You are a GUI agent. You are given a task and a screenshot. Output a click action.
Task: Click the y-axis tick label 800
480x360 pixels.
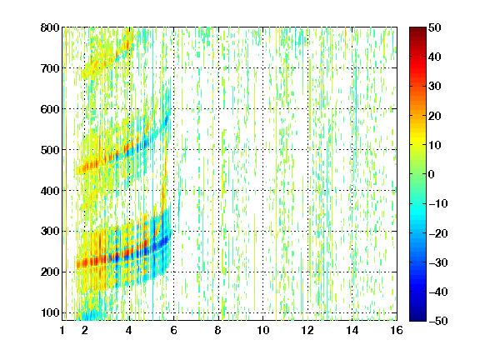pyautogui.click(x=50, y=27)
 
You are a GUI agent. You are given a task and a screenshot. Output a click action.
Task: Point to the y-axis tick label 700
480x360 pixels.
pyautogui.click(x=50, y=68)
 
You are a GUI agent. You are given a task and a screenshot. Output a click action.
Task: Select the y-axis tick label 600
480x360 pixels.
pyautogui.click(x=50, y=109)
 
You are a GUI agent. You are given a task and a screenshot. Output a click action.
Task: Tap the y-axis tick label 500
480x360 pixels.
pyautogui.click(x=50, y=150)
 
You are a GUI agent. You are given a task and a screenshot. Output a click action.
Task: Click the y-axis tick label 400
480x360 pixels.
pyautogui.click(x=50, y=191)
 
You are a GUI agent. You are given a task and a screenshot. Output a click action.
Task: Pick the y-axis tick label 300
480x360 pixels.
pyautogui.click(x=50, y=232)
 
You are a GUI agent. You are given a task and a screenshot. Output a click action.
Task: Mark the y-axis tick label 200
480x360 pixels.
pyautogui.click(x=50, y=272)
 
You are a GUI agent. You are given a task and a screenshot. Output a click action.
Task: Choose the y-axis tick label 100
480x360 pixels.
pyautogui.click(x=50, y=312)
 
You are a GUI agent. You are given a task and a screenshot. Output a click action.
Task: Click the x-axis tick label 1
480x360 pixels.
pyautogui.click(x=62, y=330)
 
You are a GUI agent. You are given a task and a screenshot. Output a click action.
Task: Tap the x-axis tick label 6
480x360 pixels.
pyautogui.click(x=173, y=330)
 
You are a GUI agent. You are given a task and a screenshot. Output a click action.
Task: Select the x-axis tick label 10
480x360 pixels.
pyautogui.click(x=263, y=330)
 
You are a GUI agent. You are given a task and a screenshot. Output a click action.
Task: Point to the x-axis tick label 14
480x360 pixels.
pyautogui.click(x=352, y=330)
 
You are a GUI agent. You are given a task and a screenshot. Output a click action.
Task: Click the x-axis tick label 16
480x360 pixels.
pyautogui.click(x=397, y=330)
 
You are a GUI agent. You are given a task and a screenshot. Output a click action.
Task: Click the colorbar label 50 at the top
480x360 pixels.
pyautogui.click(x=435, y=27)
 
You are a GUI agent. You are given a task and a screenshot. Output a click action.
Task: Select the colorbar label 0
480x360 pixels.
pyautogui.click(x=432, y=174)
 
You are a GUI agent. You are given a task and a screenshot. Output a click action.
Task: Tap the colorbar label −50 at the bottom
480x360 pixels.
pyautogui.click(x=438, y=321)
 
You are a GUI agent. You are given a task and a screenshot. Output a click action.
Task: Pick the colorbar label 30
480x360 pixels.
pyautogui.click(x=435, y=87)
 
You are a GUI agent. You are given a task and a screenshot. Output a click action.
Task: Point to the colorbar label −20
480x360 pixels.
pyautogui.click(x=438, y=232)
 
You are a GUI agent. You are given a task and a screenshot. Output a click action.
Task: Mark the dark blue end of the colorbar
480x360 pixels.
pyautogui.click(x=417, y=318)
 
